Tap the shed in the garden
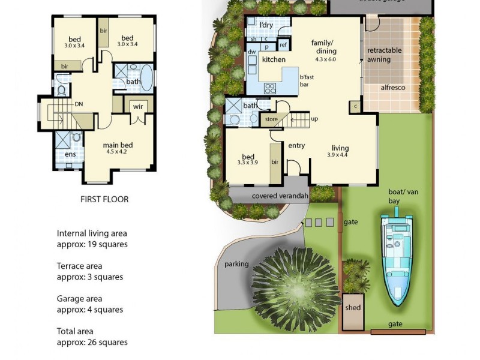coord(353,307)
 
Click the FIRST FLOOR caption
coord(104,199)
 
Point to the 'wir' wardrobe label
coord(138,106)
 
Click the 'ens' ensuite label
coord(70,154)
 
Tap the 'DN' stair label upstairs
coord(79,104)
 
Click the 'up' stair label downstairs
coord(314,119)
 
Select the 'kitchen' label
coord(274,60)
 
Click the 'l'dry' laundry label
coord(266,25)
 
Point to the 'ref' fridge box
coord(283,45)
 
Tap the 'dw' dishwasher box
coord(251,52)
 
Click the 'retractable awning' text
coord(384,55)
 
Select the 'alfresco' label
coord(393,88)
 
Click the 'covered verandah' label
coord(280,196)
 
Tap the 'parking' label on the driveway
coord(236,264)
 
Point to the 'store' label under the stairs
coord(272,119)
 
